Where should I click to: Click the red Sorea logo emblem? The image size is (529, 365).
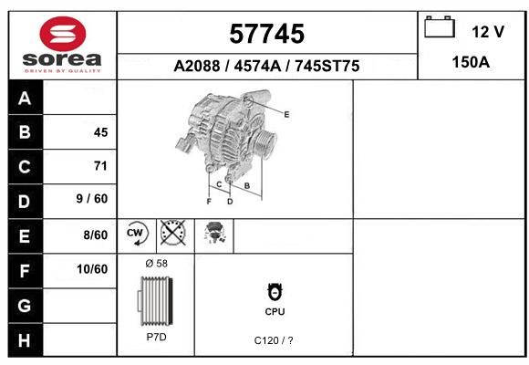pyautogui.click(x=63, y=34)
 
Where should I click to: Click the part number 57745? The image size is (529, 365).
pyautogui.click(x=267, y=34)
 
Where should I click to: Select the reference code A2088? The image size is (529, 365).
pyautogui.click(x=197, y=66)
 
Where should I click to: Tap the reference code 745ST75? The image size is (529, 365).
pyautogui.click(x=327, y=66)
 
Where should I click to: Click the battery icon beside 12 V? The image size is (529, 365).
pyautogui.click(x=440, y=26)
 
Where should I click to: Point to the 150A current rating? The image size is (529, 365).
pyautogui.click(x=471, y=62)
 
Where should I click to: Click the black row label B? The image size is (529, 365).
pyautogui.click(x=25, y=132)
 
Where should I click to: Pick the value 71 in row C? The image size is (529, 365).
pyautogui.click(x=100, y=166)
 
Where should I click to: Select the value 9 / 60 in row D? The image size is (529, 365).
pyautogui.click(x=92, y=199)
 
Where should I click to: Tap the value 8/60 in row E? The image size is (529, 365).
pyautogui.click(x=96, y=235)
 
